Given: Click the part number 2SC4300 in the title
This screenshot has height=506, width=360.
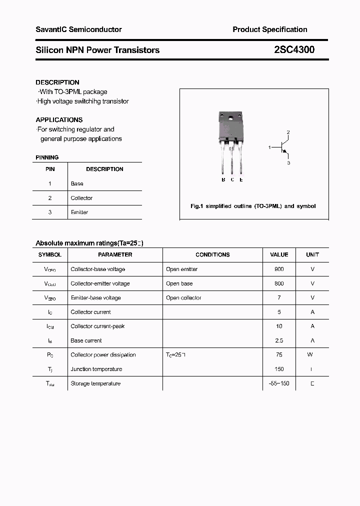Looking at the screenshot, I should point(294,50).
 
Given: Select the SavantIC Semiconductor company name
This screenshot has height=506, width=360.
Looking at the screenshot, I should point(78,29).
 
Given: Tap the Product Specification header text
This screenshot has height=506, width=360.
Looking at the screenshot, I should point(270,29).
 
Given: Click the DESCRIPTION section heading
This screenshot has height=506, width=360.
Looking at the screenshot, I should point(57,82).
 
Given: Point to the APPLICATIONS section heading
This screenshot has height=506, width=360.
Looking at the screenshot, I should point(59,120).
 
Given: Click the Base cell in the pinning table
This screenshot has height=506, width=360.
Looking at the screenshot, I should point(77,183).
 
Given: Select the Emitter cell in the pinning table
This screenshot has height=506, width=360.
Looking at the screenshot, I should point(79,212).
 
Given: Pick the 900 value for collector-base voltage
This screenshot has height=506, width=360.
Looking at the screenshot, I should point(279,269).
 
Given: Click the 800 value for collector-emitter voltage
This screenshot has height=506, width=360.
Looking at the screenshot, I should point(279,283).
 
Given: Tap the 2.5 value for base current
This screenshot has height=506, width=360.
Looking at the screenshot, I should point(279,340).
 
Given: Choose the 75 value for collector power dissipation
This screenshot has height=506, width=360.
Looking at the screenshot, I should point(279,355).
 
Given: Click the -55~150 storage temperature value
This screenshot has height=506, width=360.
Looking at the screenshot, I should point(279,383).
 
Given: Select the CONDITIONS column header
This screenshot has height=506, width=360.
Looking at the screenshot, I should point(212,254).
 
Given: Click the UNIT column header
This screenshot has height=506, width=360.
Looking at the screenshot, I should point(312,254).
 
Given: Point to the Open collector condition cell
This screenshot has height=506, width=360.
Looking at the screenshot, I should point(183,298).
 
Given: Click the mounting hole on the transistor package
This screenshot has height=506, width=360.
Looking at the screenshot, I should point(230,118).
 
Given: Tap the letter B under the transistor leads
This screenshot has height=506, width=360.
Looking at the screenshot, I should point(223,180).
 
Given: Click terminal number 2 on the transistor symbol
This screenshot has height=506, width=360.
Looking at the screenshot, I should point(288,132).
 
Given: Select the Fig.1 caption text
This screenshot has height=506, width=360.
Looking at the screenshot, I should point(253,206).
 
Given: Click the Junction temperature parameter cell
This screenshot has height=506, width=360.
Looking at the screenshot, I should point(96,369).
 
